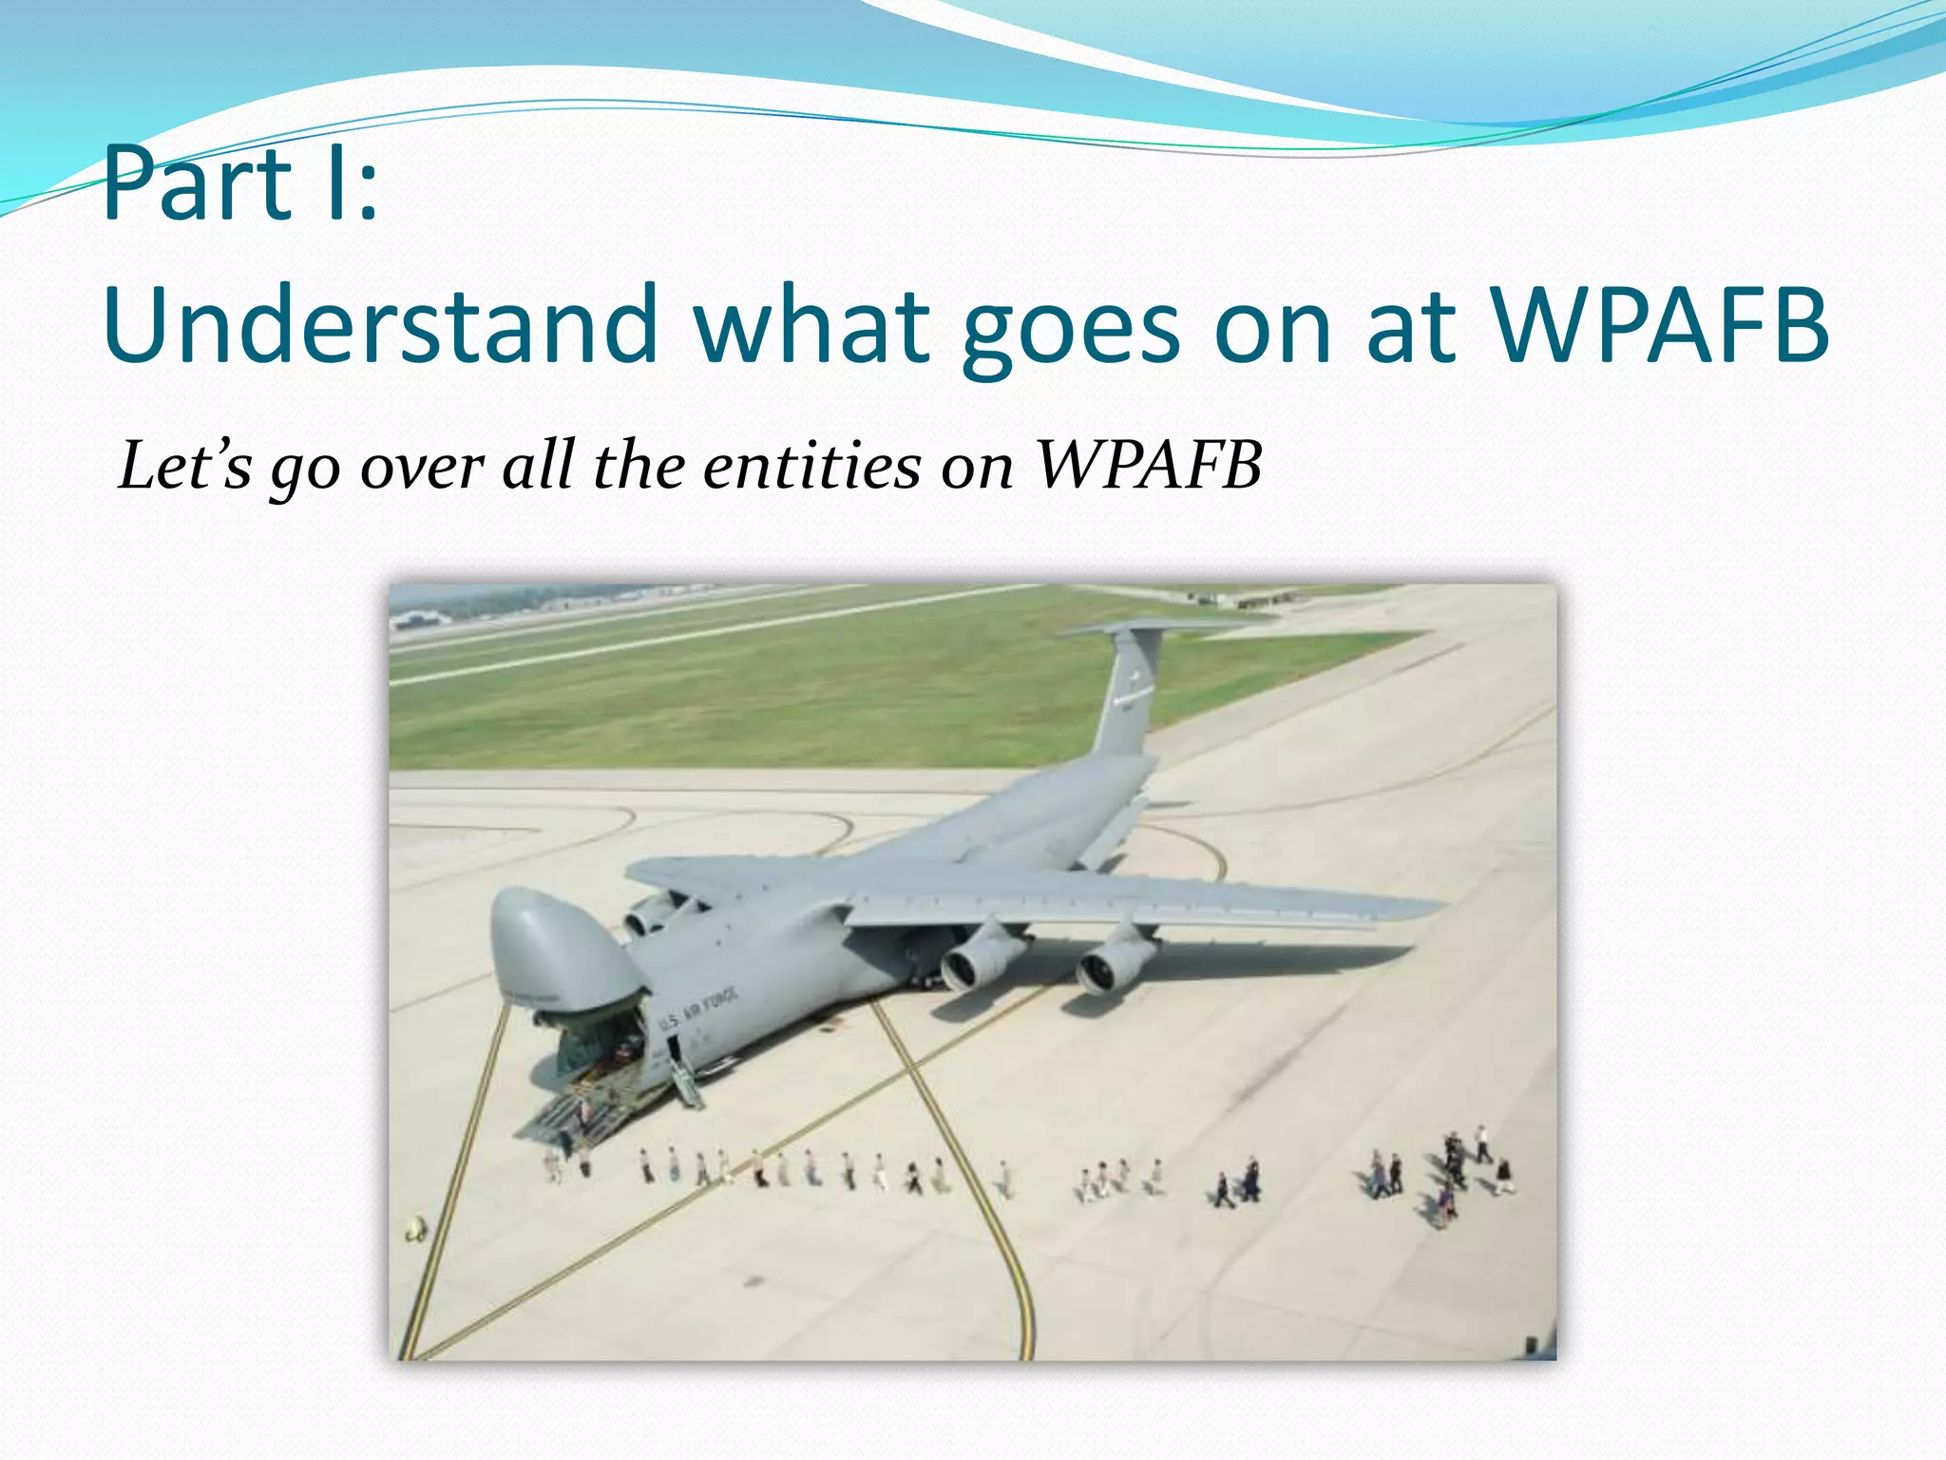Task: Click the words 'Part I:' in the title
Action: click(x=239, y=185)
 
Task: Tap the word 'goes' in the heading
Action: click(x=1070, y=326)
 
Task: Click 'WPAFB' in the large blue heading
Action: click(x=1659, y=326)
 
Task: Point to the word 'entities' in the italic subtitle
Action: click(x=811, y=467)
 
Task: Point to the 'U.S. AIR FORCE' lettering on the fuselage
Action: click(x=698, y=1008)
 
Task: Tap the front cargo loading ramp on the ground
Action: click(x=570, y=1112)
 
